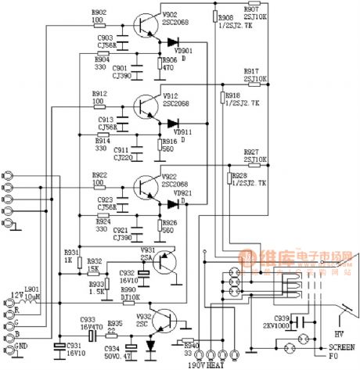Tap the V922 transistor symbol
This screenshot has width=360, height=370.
(145, 185)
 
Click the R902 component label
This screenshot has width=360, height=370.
(100, 13)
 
